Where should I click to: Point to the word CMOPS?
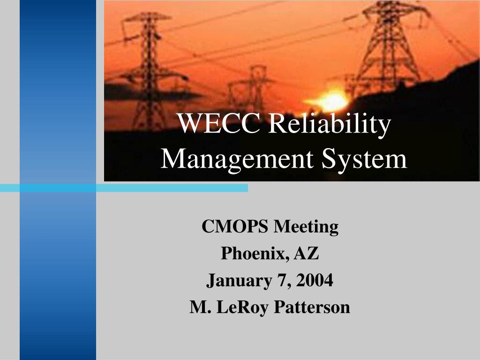(x=235, y=227)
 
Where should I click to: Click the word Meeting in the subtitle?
(x=306, y=227)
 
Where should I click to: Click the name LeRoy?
(x=243, y=307)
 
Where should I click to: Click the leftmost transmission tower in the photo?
(x=148, y=70)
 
